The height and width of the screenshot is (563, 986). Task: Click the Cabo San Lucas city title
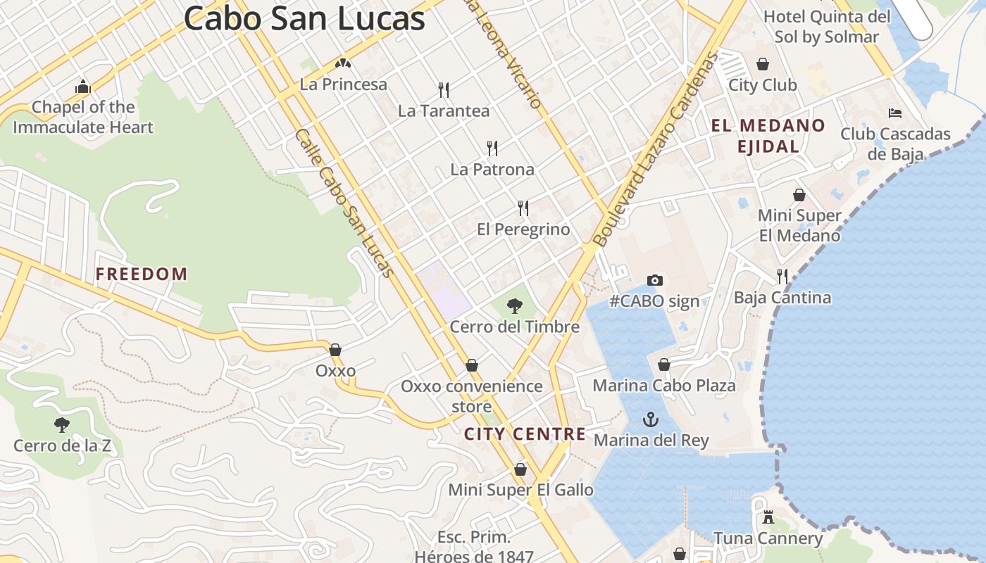(x=304, y=18)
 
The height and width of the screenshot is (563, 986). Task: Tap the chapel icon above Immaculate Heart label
(x=83, y=87)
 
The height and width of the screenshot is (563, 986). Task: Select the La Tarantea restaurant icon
(x=444, y=89)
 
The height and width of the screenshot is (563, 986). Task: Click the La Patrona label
(x=492, y=170)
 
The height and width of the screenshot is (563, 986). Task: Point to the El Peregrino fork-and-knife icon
(x=523, y=208)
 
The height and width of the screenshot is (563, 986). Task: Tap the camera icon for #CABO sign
(x=655, y=280)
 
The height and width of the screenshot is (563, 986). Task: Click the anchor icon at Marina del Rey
(x=651, y=420)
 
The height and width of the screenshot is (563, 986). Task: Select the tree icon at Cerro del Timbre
(x=515, y=306)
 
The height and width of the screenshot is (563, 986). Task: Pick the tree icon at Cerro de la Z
(x=62, y=424)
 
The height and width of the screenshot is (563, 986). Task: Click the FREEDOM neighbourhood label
(x=142, y=274)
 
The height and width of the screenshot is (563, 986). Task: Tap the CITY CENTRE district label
(x=525, y=434)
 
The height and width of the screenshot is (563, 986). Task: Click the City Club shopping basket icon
(x=763, y=64)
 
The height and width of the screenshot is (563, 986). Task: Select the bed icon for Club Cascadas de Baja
(x=895, y=113)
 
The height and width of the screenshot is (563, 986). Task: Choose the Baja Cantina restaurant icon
(x=782, y=276)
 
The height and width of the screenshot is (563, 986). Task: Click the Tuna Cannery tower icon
(x=768, y=517)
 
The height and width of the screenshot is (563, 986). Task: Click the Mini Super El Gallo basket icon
(x=520, y=469)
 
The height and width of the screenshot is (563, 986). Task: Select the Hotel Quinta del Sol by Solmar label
(x=827, y=26)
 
